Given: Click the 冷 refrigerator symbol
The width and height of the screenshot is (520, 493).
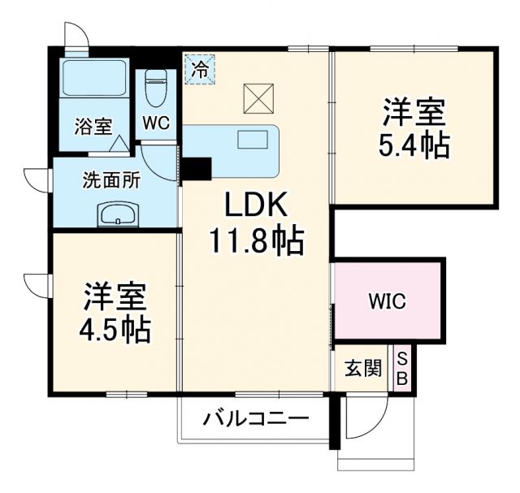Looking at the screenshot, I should pos(199,67).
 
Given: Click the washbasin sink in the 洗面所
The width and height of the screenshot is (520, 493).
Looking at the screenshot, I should pos(119,215).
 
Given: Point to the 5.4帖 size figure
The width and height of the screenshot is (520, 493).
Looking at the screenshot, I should pos(414,144).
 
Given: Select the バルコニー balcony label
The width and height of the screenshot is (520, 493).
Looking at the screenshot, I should pos(255,421).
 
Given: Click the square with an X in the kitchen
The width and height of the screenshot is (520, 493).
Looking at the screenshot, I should pos(258,99).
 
